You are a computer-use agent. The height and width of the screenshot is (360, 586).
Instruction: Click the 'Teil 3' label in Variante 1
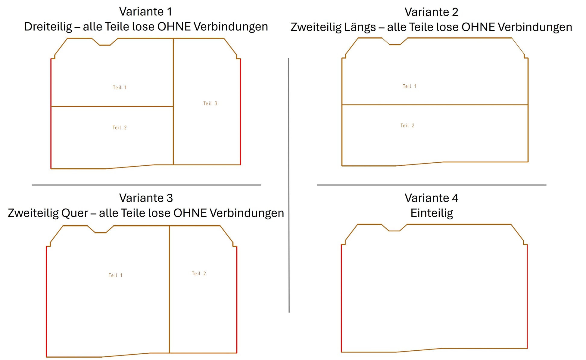[210, 103]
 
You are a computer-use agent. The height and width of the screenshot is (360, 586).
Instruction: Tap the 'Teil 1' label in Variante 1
[120, 87]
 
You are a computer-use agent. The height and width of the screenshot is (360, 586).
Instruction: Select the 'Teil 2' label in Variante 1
[120, 127]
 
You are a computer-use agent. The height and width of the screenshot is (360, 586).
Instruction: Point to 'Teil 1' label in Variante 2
[410, 86]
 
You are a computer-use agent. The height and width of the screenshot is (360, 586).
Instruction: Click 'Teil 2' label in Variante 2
[407, 125]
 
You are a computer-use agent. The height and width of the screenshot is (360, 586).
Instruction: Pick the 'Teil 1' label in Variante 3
[116, 275]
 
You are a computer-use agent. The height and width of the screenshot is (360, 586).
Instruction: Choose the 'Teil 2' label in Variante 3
[199, 274]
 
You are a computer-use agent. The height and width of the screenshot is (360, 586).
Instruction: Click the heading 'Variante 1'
[146, 11]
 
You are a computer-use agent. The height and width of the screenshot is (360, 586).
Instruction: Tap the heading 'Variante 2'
[431, 12]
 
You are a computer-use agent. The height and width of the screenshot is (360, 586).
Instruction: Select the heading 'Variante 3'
[146, 198]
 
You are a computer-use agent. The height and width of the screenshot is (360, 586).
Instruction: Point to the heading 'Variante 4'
[432, 198]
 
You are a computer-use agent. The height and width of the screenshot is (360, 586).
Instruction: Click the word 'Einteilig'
[432, 213]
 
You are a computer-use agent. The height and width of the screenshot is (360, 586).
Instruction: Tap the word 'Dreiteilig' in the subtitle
[48, 27]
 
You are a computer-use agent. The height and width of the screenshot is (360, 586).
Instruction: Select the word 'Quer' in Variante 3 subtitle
[75, 213]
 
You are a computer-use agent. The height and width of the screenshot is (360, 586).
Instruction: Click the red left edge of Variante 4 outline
[341, 298]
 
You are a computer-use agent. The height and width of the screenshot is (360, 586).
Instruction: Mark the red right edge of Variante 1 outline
[240, 112]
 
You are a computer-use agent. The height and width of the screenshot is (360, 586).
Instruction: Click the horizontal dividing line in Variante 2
[435, 105]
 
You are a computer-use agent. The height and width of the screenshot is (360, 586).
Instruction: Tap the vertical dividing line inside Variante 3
[169, 289]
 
